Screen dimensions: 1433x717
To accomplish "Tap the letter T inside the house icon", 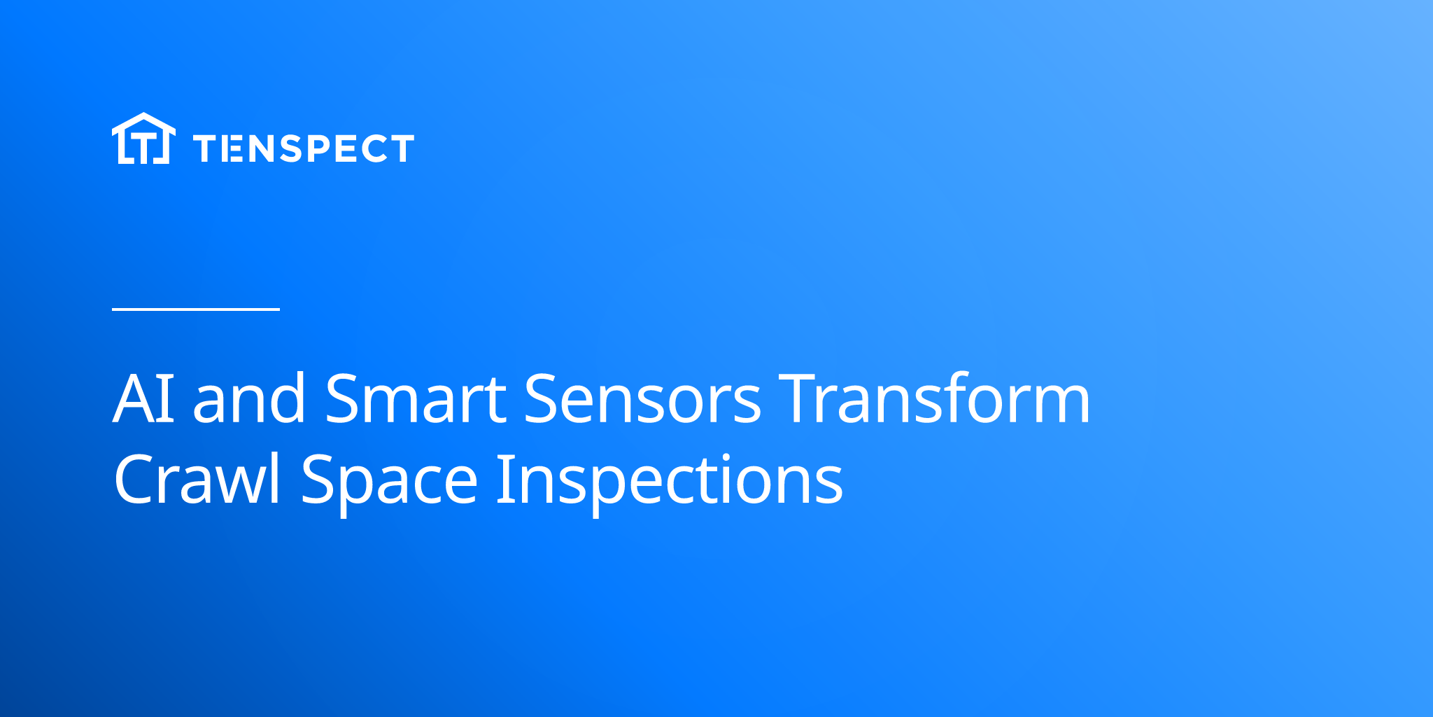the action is (x=143, y=148).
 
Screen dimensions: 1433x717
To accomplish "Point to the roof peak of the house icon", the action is (x=143, y=113).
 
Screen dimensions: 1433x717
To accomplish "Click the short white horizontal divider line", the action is (x=196, y=309).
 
